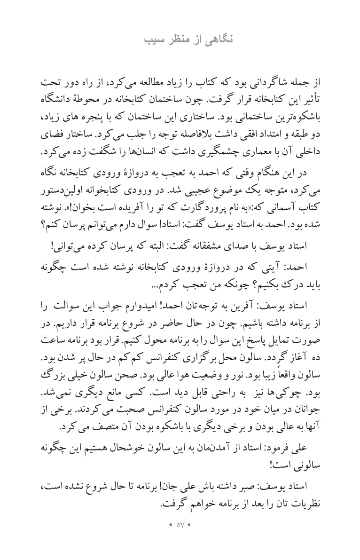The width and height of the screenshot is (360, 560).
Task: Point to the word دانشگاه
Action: (x=305, y=100)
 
